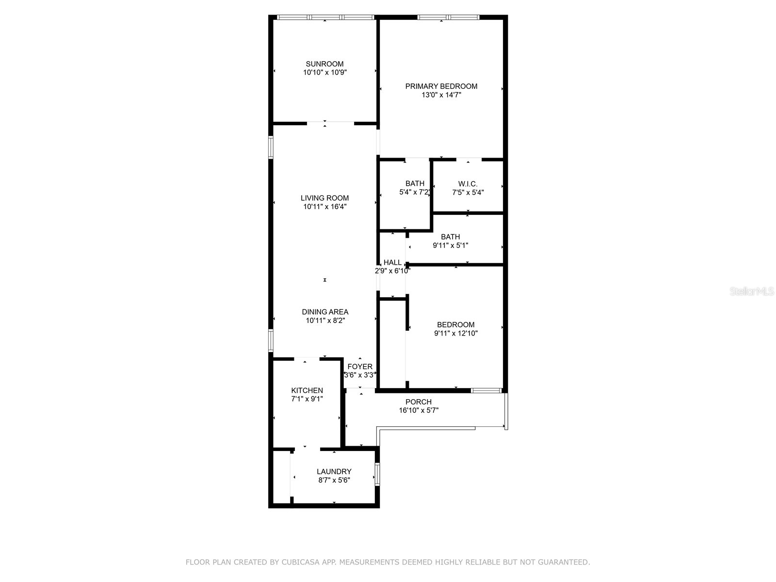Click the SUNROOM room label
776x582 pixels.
(324, 64)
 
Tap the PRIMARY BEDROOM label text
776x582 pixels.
(441, 86)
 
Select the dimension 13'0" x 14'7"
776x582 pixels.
(441, 95)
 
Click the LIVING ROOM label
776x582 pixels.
(324, 198)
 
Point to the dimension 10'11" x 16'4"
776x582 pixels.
(324, 207)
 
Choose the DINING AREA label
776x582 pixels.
(324, 312)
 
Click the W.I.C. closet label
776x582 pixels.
(468, 184)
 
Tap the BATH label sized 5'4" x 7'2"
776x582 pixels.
(415, 183)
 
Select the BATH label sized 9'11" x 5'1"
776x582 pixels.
(450, 237)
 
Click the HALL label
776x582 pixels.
(392, 262)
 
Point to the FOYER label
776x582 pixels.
(360, 367)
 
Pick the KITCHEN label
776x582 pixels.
(307, 390)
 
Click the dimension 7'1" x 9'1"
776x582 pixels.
(307, 399)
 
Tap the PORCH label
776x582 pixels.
(418, 402)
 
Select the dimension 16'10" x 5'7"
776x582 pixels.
(418, 410)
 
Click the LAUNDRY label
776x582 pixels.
(334, 471)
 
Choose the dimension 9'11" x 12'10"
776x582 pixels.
(455, 333)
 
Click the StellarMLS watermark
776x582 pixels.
(752, 291)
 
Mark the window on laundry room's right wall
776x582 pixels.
(377, 474)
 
